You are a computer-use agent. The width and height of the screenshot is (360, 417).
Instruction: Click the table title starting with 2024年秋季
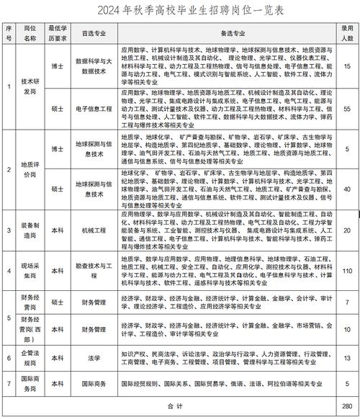[x=180, y=11]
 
